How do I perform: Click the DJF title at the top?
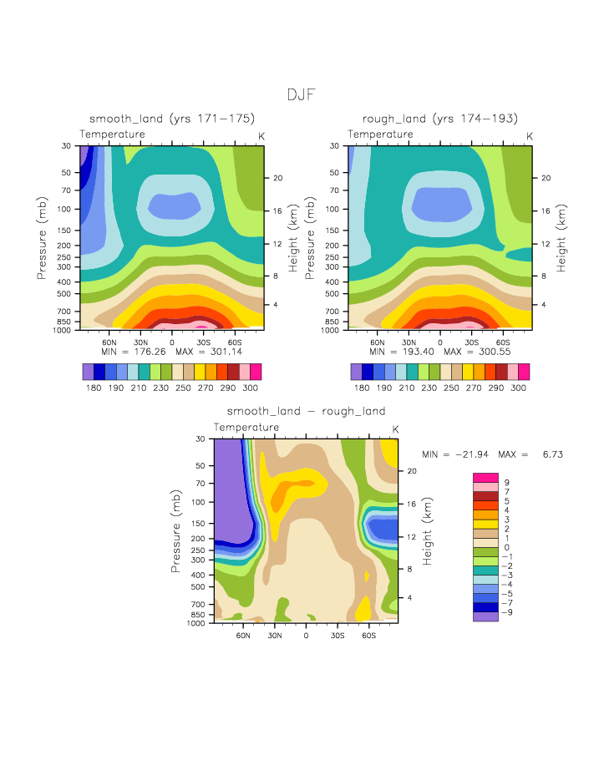click(x=301, y=94)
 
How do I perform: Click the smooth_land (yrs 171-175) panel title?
click(x=171, y=119)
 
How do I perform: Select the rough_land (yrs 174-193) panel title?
click(x=439, y=119)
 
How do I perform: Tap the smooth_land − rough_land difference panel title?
click(x=306, y=411)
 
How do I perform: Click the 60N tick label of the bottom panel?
click(x=243, y=635)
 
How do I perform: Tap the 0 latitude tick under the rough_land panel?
click(x=439, y=342)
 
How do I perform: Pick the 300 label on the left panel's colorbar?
click(x=251, y=388)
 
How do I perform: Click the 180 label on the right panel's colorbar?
click(x=362, y=388)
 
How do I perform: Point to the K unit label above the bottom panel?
click(x=395, y=429)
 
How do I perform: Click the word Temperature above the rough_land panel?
click(x=380, y=134)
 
